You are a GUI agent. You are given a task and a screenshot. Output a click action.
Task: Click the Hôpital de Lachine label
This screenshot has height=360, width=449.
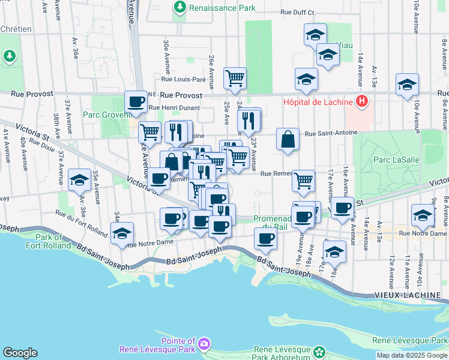[x=318, y=101]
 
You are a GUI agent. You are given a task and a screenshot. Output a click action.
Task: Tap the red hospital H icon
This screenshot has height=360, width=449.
[x=361, y=101]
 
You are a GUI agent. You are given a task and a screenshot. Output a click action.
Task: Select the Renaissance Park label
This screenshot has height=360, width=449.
[x=222, y=8]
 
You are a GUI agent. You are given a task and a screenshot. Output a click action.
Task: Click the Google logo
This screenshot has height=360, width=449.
[x=20, y=353]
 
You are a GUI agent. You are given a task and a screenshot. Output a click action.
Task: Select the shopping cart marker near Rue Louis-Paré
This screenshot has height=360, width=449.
[x=235, y=77]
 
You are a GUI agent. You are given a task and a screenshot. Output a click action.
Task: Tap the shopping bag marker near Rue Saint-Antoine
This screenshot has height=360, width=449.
[x=288, y=139]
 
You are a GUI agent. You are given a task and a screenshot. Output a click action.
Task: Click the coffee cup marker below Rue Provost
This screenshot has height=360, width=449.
[x=136, y=101]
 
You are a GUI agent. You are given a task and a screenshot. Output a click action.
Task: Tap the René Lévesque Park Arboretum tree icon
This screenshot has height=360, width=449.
[x=319, y=351]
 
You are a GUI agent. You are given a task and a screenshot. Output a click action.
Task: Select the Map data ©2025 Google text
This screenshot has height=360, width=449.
[x=412, y=355]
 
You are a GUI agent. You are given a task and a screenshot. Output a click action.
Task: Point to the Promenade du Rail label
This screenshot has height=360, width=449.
[x=273, y=223]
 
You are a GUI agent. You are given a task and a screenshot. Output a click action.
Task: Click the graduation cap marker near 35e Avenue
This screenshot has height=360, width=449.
[x=79, y=180]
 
